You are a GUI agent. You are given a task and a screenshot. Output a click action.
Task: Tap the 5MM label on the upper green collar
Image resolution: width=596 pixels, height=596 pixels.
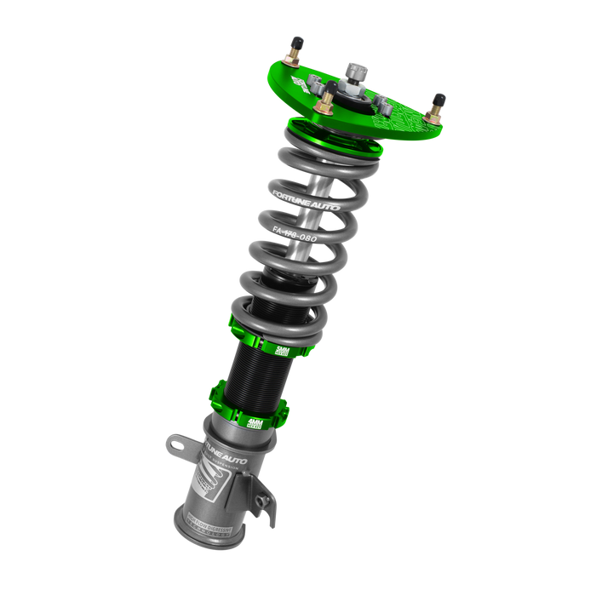(x=283, y=350)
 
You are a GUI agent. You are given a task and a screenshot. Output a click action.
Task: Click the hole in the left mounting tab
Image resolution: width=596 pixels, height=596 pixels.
(x=175, y=442)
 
